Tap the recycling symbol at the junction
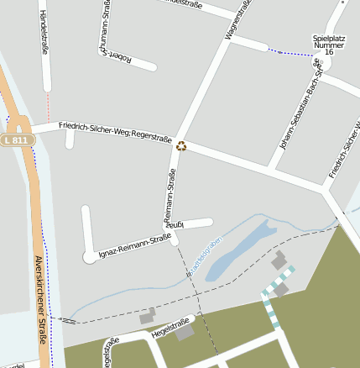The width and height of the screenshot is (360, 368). point(181,146)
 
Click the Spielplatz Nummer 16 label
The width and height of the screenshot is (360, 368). point(328,45)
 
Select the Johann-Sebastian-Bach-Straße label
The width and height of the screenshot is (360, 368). point(300,117)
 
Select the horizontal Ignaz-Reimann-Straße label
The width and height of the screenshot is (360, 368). point(131,244)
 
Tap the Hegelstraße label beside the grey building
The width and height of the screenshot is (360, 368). point(170,328)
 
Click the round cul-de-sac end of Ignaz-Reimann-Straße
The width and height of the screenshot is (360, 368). point(90,256)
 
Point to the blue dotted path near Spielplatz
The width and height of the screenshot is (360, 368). point(293,54)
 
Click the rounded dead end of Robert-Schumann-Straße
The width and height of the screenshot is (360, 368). point(151,66)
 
